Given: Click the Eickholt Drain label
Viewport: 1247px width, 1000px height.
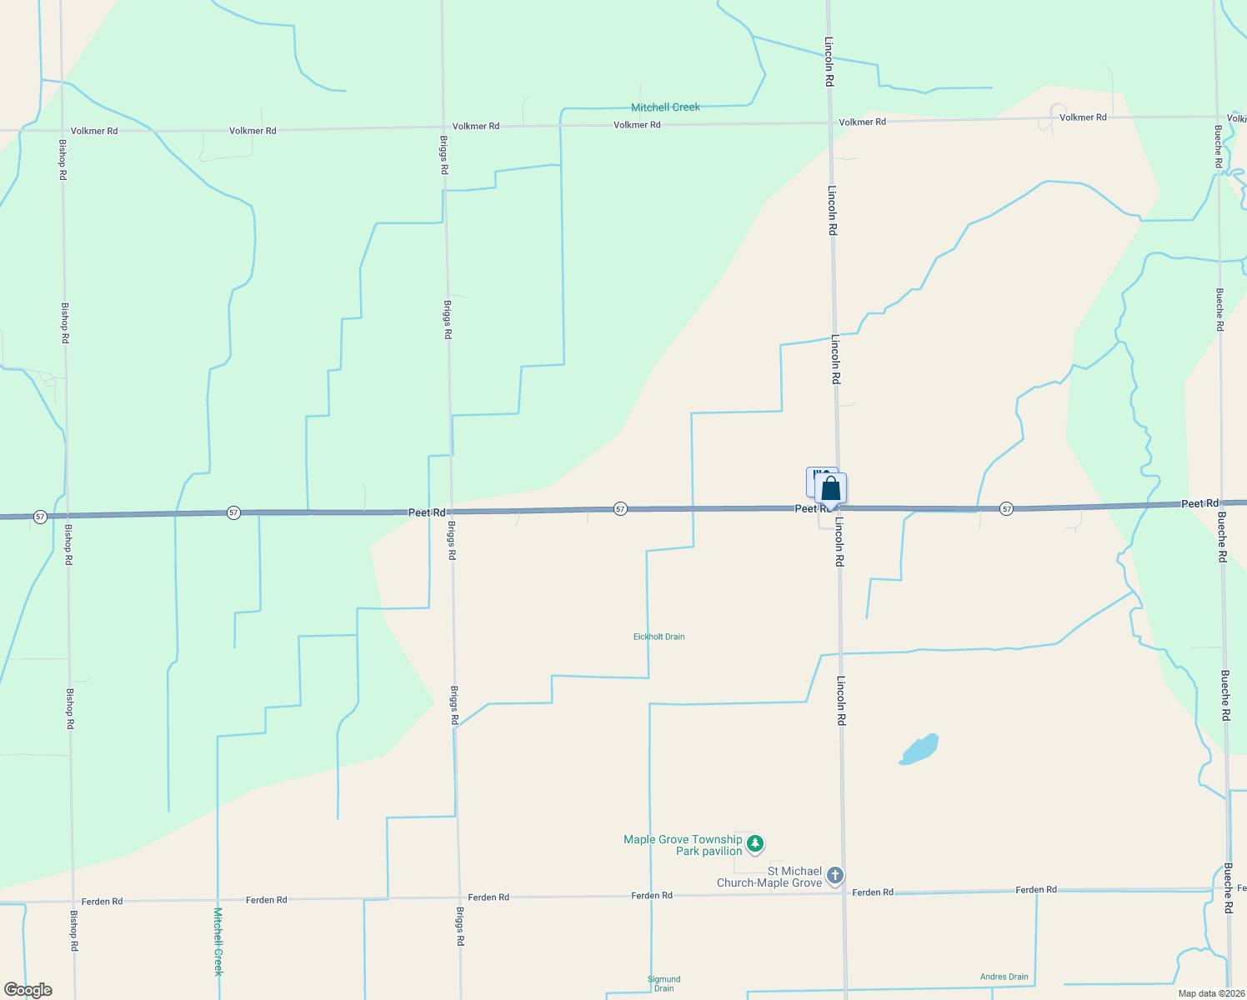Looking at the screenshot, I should tap(659, 637).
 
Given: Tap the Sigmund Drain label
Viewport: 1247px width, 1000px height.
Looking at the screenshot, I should tap(664, 983).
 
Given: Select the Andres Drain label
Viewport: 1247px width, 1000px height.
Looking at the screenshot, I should tap(1004, 977).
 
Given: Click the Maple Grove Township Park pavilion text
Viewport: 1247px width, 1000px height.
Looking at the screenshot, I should tap(683, 845).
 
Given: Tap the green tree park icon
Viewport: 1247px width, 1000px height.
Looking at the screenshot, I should tap(755, 844).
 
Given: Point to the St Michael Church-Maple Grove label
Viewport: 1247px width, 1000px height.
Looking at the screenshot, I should tap(769, 877).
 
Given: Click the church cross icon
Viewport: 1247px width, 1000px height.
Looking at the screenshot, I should tap(835, 876).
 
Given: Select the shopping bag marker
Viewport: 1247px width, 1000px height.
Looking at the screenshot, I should tap(831, 489).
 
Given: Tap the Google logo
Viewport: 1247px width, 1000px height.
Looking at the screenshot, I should tap(28, 990).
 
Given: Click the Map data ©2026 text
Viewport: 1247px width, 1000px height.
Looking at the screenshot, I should tap(1209, 993).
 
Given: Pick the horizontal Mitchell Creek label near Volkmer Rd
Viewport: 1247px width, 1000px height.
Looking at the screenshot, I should tap(665, 107).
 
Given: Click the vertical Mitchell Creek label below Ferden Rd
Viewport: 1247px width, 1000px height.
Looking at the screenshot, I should tap(218, 942).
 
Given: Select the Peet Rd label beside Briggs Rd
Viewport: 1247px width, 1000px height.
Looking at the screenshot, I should tap(427, 512).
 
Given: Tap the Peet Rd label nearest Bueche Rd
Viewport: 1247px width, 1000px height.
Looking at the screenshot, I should tap(1199, 503).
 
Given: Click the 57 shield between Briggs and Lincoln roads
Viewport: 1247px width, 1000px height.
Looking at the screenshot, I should tap(620, 508).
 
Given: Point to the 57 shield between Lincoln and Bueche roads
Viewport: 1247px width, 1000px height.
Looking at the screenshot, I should tap(1007, 508).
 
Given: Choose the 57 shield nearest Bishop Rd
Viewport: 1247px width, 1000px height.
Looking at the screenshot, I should tap(40, 517).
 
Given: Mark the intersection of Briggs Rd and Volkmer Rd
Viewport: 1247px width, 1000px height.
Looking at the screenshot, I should tap(443, 127).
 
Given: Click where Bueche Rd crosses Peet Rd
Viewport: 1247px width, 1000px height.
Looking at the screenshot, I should tap(1221, 502).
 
